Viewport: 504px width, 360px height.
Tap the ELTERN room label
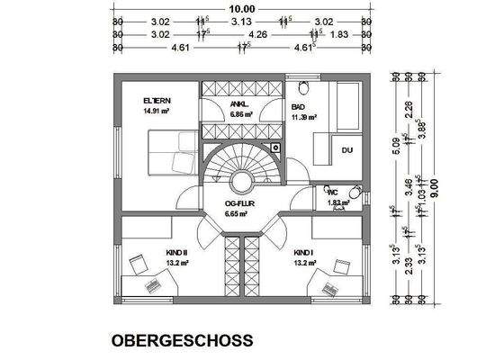[157, 100]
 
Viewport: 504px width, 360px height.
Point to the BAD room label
[298, 106]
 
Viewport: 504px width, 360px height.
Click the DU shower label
[346, 150]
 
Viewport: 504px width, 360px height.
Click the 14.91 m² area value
[157, 112]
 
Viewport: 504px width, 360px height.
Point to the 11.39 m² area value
[306, 118]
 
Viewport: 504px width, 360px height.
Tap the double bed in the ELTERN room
[166, 151]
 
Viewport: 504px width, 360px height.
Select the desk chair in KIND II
[139, 264]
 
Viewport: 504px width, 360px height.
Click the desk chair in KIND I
[342, 265]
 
